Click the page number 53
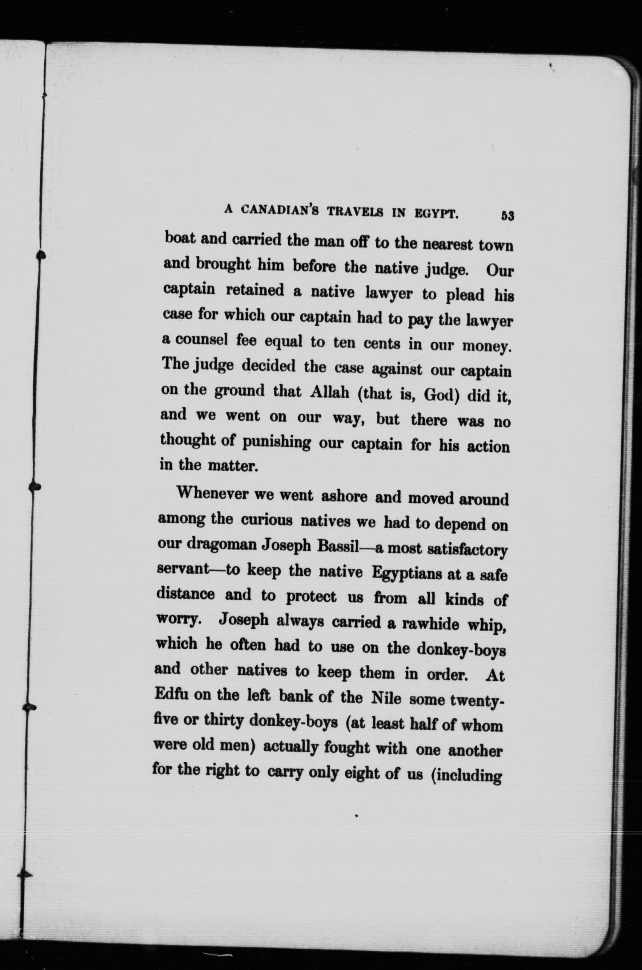click(507, 216)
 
